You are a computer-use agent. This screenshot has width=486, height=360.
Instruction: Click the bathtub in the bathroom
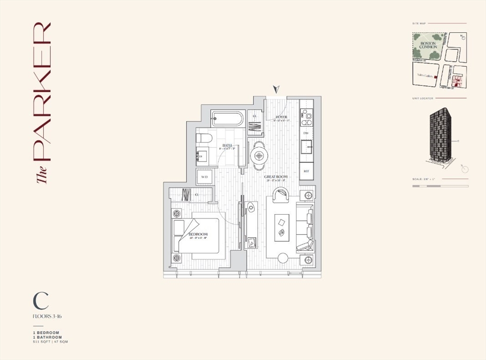[x=228, y=118]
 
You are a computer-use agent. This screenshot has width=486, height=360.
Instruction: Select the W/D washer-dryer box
[x=205, y=177]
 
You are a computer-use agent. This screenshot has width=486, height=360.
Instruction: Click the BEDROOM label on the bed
[x=198, y=235]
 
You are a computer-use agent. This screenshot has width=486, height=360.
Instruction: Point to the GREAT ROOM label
[x=276, y=177]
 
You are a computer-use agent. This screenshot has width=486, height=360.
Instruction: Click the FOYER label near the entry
[x=280, y=117]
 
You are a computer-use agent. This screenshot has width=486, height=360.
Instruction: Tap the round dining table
[x=259, y=155]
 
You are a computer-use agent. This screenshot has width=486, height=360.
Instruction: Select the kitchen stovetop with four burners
[x=307, y=115]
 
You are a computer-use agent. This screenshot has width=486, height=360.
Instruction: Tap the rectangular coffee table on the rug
[x=281, y=222]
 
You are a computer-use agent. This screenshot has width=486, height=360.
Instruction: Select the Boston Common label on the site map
[x=428, y=45]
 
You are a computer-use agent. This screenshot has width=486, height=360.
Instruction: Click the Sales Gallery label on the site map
[x=424, y=75]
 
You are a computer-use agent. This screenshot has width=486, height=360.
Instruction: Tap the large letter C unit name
[x=41, y=300]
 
